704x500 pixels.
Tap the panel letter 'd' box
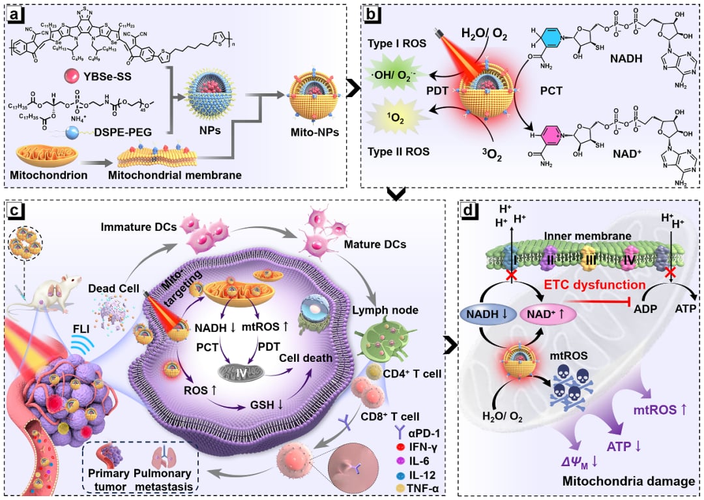point(469,212)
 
